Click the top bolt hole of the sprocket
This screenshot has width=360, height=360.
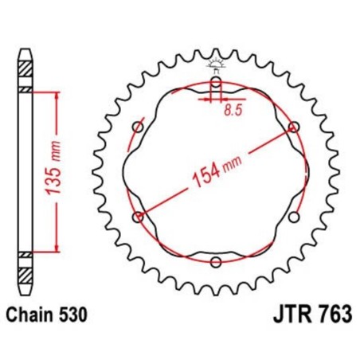click(216, 81)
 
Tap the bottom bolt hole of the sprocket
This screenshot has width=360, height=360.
click(216, 261)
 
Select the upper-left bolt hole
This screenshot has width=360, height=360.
click(138, 127)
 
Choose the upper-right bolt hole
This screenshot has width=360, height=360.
click(294, 127)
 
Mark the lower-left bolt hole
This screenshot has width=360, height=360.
click(138, 217)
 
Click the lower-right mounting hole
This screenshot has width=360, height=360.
click(294, 217)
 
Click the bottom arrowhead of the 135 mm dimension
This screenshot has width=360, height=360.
click(57, 248)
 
